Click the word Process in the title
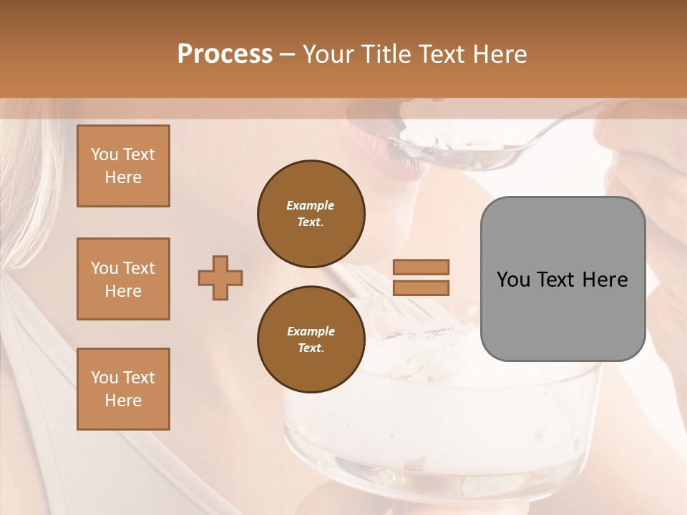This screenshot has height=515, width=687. [225, 54]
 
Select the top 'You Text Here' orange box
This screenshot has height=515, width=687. [123, 166]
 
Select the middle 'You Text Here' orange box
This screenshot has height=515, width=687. [123, 279]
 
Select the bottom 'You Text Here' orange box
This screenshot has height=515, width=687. [123, 389]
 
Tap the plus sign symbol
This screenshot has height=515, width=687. [220, 278]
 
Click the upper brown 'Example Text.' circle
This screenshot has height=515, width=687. [311, 213]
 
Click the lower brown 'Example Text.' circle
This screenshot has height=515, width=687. [311, 339]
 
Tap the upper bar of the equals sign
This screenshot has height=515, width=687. [421, 267]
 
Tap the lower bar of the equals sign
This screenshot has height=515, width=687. [421, 288]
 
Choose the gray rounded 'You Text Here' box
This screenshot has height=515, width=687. [562, 279]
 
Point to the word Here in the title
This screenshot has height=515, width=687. [499, 54]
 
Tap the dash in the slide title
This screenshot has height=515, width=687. [288, 54]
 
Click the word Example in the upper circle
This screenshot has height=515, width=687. [311, 205]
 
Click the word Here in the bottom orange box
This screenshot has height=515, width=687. [123, 401]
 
